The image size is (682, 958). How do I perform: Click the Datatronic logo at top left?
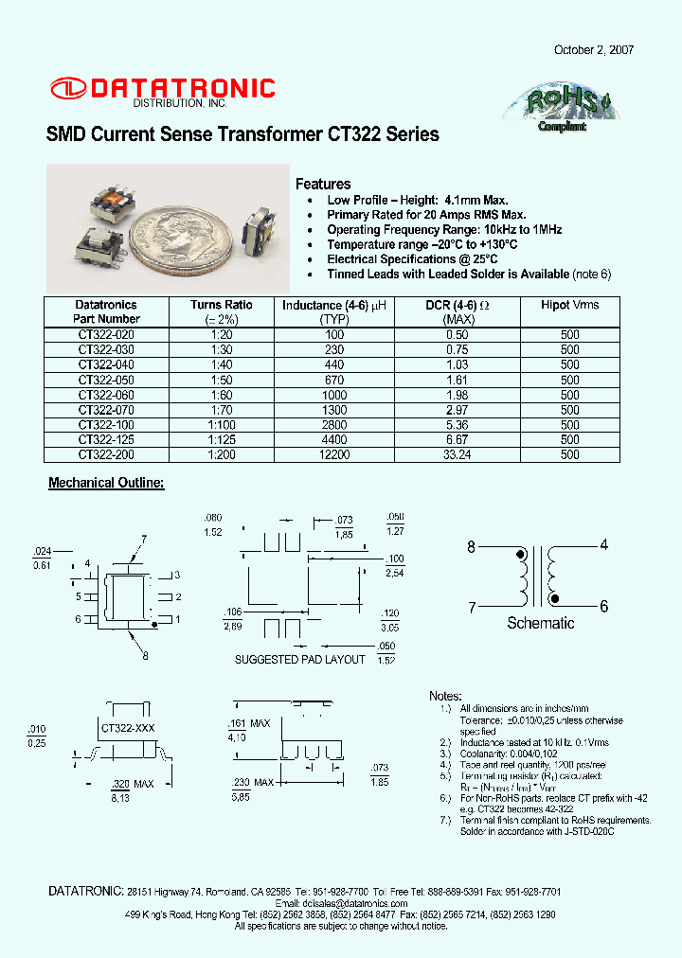click(x=162, y=90)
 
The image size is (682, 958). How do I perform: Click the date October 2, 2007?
click(x=594, y=50)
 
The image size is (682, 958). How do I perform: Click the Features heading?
click(x=323, y=184)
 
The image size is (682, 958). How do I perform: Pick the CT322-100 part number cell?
click(x=105, y=425)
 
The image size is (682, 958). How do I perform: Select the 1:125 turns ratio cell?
click(x=221, y=440)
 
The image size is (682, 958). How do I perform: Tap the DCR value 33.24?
click(x=458, y=455)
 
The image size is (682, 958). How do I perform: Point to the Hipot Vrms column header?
click(x=569, y=305)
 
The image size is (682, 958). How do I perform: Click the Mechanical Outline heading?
click(x=106, y=484)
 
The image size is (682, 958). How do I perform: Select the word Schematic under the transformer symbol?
click(x=540, y=623)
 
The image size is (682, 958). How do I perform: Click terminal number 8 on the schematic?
click(x=471, y=546)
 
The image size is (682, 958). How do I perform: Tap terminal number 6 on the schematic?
click(x=603, y=606)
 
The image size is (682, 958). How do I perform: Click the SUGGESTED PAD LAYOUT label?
click(x=299, y=659)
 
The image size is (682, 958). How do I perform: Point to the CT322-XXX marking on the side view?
click(x=127, y=727)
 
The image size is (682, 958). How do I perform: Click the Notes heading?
click(x=445, y=696)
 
